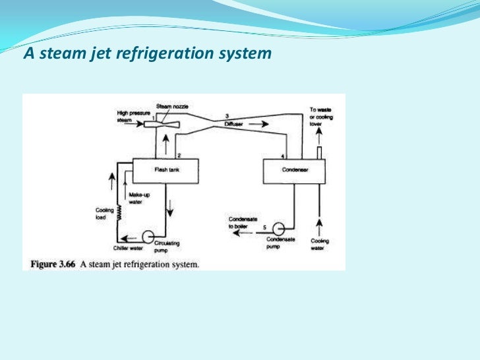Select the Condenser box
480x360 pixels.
(x=295, y=170)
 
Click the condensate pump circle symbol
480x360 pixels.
(x=278, y=227)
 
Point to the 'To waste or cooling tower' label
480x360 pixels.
(x=321, y=116)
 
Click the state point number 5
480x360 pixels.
(x=264, y=227)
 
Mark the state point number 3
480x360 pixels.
(x=226, y=115)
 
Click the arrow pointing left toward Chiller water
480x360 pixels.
(x=130, y=239)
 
